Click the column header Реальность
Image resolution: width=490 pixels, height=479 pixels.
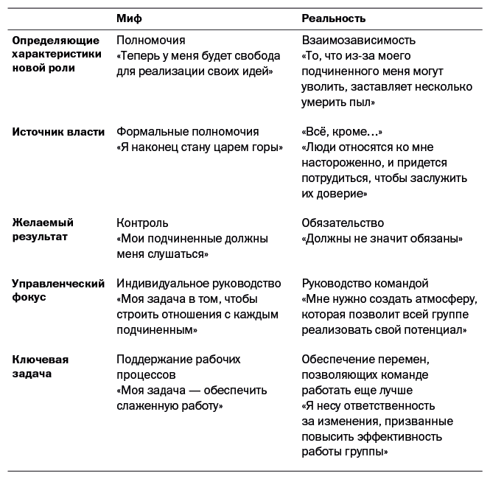pos(334,18)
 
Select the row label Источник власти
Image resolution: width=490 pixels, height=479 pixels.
pos(58,132)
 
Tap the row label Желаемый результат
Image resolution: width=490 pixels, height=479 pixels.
pos(43,230)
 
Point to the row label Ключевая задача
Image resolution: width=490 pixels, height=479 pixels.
pos(41,367)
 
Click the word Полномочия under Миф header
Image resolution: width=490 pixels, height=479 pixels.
pos(151,41)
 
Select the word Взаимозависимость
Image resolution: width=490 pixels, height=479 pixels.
pos(359,41)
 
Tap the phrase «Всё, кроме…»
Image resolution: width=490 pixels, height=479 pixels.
pos(342,132)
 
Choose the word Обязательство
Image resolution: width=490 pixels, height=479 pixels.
pos(343,223)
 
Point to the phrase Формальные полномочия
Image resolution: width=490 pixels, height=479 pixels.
pos(188,132)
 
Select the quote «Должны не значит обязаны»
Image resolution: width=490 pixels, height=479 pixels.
pos(382,239)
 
